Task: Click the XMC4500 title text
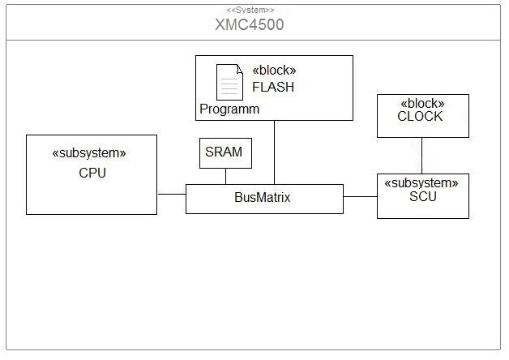pos(249,24)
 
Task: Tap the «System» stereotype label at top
pos(250,9)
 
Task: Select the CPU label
pos(92,173)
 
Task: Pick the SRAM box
pos(225,152)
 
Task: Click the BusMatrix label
pos(263,197)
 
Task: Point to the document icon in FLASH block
pos(229,83)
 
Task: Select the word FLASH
pos(273,87)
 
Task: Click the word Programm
pos(229,109)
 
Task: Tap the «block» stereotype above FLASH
pos(274,70)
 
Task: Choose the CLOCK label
pos(420,117)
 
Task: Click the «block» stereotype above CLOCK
pos(423,103)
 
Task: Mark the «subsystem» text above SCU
pos(423,182)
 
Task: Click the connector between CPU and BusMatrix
pos(171,195)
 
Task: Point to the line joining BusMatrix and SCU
pos(360,196)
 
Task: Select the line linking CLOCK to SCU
pos(421,155)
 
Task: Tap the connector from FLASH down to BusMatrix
pos(274,152)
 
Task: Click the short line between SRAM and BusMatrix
pos(225,177)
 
